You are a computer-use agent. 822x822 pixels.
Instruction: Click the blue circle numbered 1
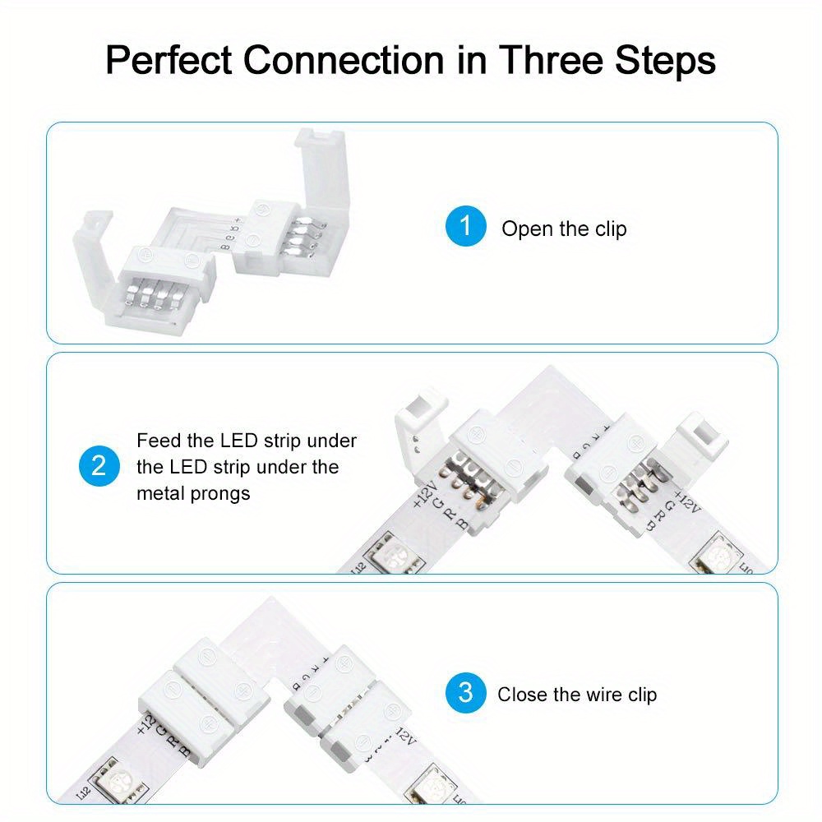point(466,225)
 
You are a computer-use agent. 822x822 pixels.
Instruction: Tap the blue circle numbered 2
point(99,465)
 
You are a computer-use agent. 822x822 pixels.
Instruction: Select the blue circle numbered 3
point(466,692)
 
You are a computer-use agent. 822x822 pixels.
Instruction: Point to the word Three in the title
point(556,61)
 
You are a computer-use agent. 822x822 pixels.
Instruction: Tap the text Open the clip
point(564,229)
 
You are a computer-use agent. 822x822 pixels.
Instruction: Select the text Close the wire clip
point(577,695)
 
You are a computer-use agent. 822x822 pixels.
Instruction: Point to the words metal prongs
point(193,493)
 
